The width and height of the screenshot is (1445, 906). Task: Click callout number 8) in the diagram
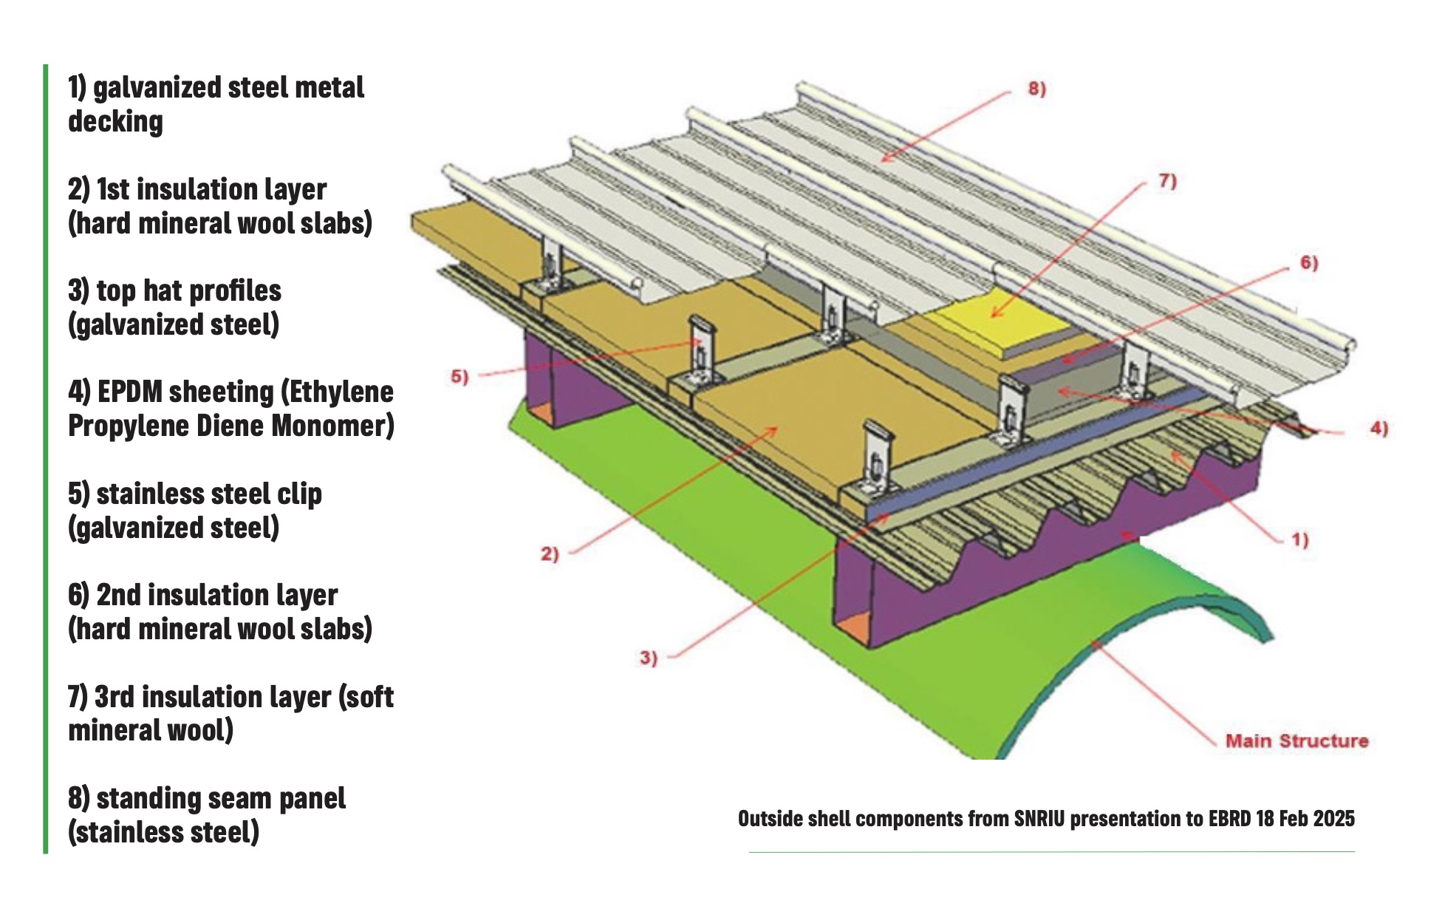(x=1036, y=89)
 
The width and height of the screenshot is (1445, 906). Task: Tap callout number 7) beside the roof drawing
(x=1166, y=181)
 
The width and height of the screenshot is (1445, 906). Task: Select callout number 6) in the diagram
(x=1308, y=263)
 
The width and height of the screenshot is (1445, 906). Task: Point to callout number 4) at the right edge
(x=1379, y=429)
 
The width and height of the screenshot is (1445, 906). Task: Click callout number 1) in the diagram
(x=1299, y=540)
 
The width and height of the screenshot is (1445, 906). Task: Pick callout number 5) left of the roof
(x=460, y=377)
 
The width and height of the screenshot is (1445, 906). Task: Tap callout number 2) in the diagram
(x=549, y=554)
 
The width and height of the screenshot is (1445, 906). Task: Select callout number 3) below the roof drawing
(x=648, y=658)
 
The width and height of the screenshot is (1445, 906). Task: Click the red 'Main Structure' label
(x=1297, y=741)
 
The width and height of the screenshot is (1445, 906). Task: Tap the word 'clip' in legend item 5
(x=299, y=494)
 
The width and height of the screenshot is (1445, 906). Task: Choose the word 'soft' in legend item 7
(x=366, y=697)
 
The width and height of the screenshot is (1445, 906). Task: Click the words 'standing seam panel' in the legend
(x=221, y=798)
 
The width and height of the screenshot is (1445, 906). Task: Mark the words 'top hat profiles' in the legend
(x=188, y=290)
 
